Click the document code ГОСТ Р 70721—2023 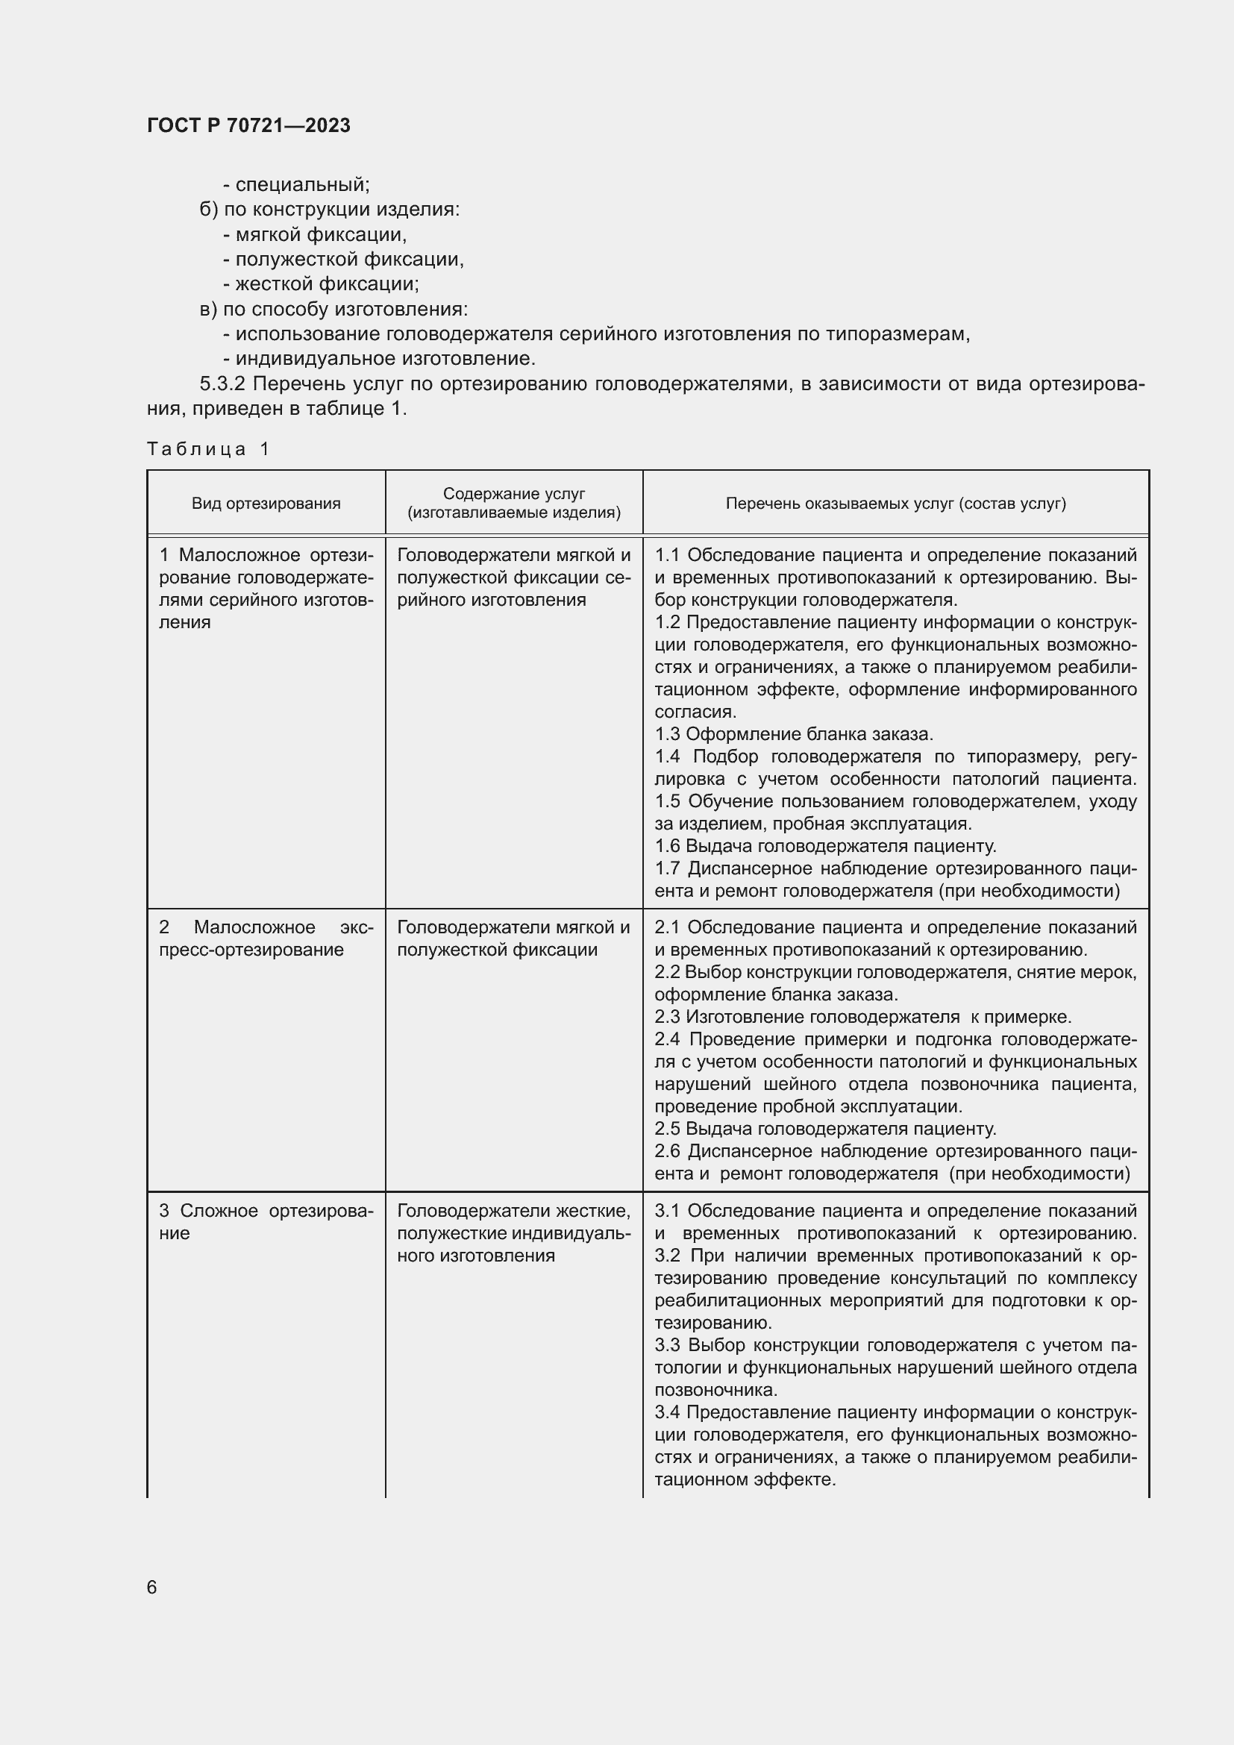pos(248,125)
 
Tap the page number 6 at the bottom pos(152,1587)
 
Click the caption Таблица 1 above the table pos(208,448)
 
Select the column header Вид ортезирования pos(266,503)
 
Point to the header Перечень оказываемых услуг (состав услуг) pos(895,503)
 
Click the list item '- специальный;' pos(296,185)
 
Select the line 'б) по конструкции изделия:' pos(329,209)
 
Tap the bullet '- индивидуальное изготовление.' pos(379,358)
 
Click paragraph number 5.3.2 pos(227,383)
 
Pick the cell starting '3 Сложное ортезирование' pos(265,1221)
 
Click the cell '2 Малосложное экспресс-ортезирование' pos(265,938)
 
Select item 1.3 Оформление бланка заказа pos(793,734)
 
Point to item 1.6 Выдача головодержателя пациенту pos(825,846)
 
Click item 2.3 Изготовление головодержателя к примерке pos(862,1017)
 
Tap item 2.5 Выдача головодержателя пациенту pos(825,1129)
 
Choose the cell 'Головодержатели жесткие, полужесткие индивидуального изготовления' pos(513,1232)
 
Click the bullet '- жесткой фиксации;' pos(321,284)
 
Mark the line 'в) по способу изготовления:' pos(333,310)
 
